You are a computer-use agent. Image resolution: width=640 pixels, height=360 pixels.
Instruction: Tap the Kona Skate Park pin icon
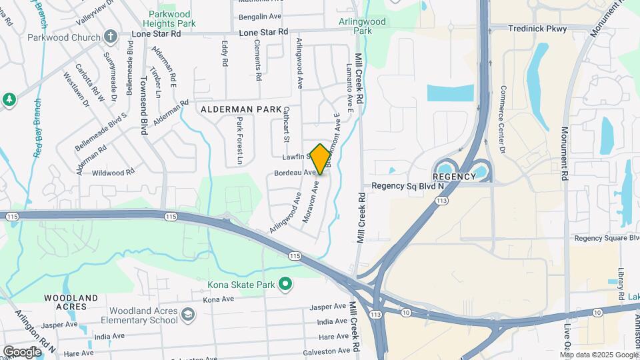[x=285, y=285]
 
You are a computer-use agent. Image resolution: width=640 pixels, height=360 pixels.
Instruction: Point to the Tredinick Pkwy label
[x=537, y=29]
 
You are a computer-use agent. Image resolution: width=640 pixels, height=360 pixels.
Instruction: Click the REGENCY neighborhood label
[x=453, y=177]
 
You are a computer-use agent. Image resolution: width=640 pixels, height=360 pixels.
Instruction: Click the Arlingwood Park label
[x=381, y=26]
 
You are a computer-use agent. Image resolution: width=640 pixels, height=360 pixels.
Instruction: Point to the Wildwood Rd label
[x=113, y=172]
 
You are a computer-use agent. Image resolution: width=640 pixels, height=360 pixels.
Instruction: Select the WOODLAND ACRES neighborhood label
[x=71, y=302]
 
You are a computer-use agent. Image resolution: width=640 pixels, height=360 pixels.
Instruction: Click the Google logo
[x=22, y=351]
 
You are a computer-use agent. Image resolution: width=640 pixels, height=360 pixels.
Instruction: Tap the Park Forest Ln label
[x=239, y=141]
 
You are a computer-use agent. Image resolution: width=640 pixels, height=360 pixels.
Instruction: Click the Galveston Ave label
[x=325, y=351]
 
